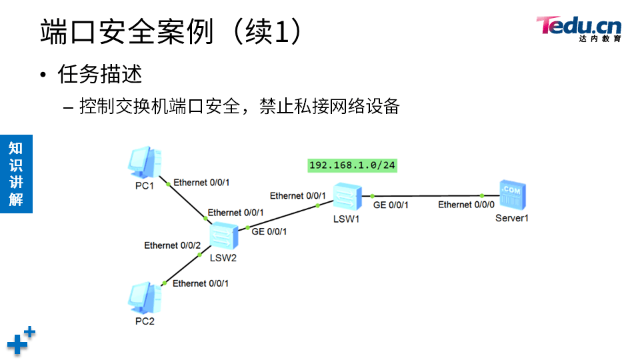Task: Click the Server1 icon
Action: [x=512, y=197]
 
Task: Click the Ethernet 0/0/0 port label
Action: [x=466, y=205]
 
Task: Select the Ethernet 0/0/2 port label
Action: [x=173, y=245]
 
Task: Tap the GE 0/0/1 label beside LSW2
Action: [x=269, y=231]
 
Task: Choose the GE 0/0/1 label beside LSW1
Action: [x=391, y=205]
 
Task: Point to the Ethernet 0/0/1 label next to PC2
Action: [x=201, y=283]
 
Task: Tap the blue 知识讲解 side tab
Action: [x=16, y=174]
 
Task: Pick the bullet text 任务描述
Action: [x=100, y=74]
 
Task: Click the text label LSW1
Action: [x=347, y=219]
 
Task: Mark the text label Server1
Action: [x=512, y=218]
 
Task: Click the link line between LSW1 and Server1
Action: [x=427, y=196]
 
